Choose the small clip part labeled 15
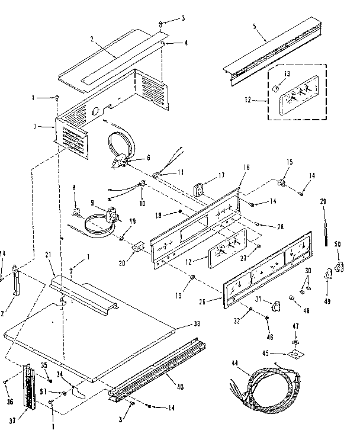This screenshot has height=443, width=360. click(x=285, y=181)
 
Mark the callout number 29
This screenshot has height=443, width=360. click(x=323, y=203)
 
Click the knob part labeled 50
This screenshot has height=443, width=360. click(x=340, y=265)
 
